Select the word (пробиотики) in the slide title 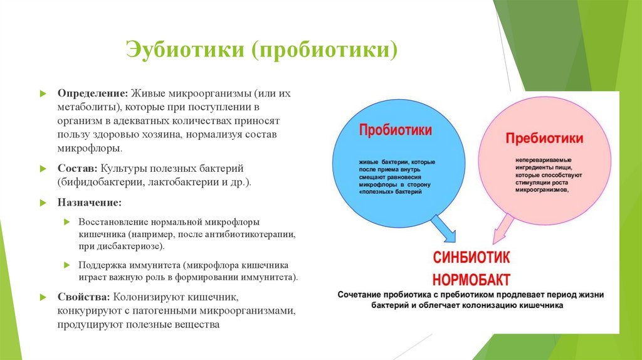pyautogui.click(x=324, y=49)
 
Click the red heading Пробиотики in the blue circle pyautogui.click(x=395, y=130)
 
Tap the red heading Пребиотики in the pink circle pyautogui.click(x=544, y=138)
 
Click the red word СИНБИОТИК pyautogui.click(x=471, y=257)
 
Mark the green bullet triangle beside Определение pyautogui.click(x=43, y=93)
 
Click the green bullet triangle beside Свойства pyautogui.click(x=43, y=297)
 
